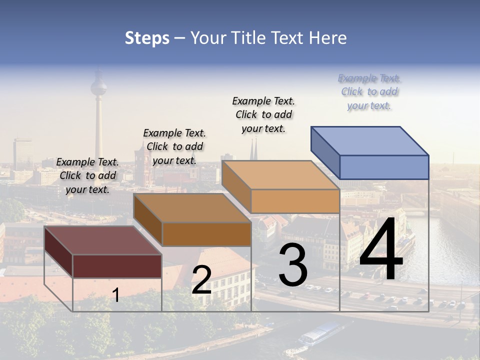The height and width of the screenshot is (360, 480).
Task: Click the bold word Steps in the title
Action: tap(147, 38)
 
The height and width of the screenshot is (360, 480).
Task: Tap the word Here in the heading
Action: tap(328, 38)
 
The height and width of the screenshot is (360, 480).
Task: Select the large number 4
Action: tap(381, 250)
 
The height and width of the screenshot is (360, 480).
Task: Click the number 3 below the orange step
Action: tap(293, 265)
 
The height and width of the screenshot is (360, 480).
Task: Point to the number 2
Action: tap(201, 280)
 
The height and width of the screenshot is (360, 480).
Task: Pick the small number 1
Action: tap(116, 295)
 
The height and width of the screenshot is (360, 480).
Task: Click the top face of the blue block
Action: tap(370, 141)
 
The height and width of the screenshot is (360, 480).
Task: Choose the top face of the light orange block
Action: tap(280, 175)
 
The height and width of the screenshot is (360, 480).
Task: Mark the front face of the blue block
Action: tap(384, 167)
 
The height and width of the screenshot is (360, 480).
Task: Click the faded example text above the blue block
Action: tap(369, 92)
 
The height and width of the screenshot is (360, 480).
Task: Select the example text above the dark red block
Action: tap(87, 175)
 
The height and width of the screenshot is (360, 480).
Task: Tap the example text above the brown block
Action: tap(174, 146)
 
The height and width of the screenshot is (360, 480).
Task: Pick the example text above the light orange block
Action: tap(263, 114)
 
